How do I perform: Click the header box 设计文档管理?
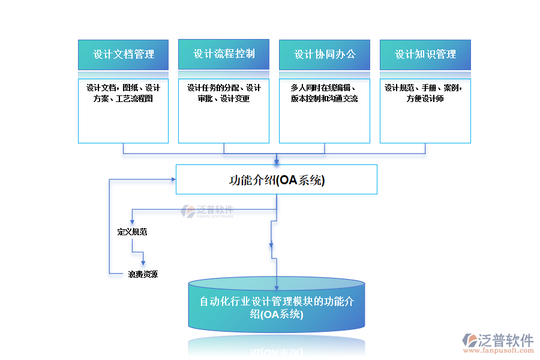point(123,55)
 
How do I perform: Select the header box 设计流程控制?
point(224,54)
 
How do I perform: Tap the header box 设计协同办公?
point(325,55)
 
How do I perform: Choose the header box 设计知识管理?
point(425,55)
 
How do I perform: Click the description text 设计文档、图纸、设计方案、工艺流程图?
point(123,93)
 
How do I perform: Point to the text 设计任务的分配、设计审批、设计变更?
point(224,93)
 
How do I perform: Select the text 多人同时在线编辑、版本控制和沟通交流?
point(325,93)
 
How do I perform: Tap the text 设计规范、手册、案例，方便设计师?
point(425,93)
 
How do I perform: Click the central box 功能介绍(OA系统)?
point(277,179)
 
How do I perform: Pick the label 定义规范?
point(132,232)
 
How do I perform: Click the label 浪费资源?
point(143,274)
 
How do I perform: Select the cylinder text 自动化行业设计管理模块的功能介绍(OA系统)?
point(277,307)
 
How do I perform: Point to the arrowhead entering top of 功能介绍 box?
point(277,161)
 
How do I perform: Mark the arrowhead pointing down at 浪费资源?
point(143,262)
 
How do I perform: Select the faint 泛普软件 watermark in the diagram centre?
point(208,211)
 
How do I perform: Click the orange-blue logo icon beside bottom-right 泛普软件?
point(469,341)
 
